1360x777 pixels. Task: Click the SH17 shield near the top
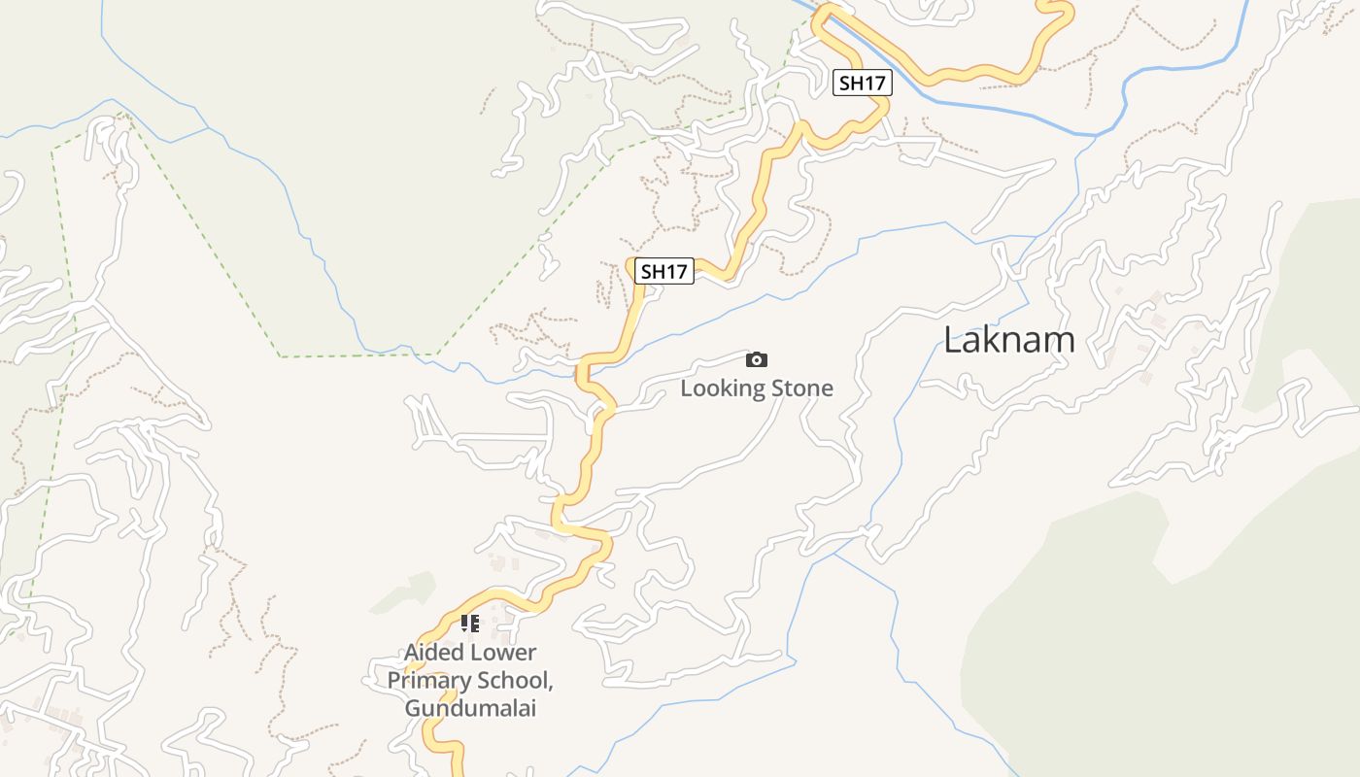(x=862, y=83)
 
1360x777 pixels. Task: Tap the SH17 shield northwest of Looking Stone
(x=664, y=271)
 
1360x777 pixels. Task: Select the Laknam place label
(x=1009, y=339)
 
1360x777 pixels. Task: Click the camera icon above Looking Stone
(x=756, y=360)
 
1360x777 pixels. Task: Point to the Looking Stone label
(x=756, y=388)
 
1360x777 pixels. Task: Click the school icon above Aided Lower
(x=470, y=623)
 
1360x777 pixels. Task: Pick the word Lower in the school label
(x=503, y=652)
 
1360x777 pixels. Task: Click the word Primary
(x=425, y=680)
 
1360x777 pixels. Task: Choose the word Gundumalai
(x=470, y=708)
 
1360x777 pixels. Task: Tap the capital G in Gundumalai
(x=413, y=708)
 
